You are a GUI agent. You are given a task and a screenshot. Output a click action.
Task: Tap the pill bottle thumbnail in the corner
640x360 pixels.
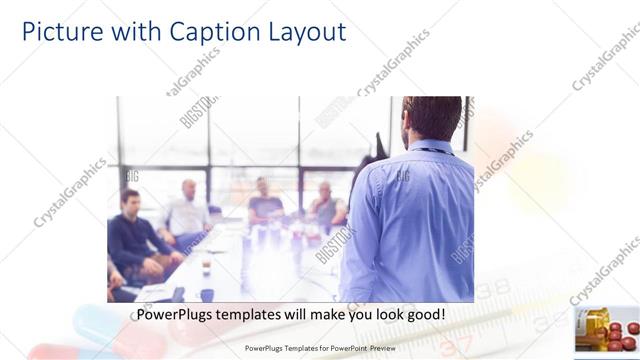606,329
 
